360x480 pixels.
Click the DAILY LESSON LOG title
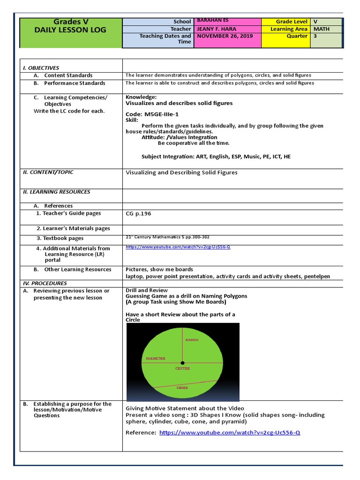(x=70, y=30)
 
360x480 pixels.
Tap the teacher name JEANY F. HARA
(x=217, y=29)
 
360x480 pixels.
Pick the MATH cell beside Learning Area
(x=321, y=29)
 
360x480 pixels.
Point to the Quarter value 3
(x=315, y=36)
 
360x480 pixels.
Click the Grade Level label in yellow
(x=292, y=22)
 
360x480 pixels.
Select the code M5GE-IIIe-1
(x=152, y=114)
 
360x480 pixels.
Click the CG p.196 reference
(x=138, y=213)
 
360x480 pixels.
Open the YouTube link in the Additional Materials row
(x=178, y=247)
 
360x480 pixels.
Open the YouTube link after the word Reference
(x=230, y=433)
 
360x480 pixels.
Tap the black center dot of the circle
(x=183, y=362)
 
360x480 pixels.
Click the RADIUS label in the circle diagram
(x=192, y=339)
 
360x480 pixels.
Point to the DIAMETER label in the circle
(x=156, y=359)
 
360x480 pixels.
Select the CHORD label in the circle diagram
(x=182, y=388)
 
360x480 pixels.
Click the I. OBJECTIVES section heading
(x=41, y=68)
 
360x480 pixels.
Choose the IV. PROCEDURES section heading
(x=45, y=283)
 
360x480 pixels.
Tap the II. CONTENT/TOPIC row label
(x=48, y=172)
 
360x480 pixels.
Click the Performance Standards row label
(x=75, y=83)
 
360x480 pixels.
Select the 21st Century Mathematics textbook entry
(x=171, y=237)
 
